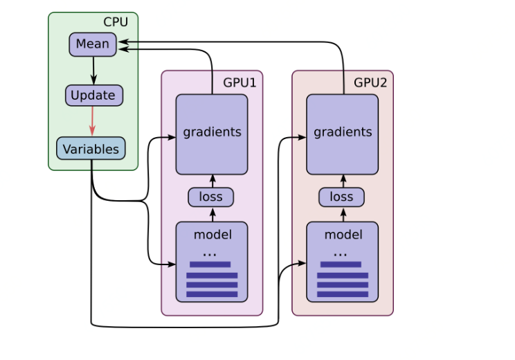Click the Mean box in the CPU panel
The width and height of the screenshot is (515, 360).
pyautogui.click(x=93, y=44)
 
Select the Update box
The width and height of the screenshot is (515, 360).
pyautogui.click(x=94, y=96)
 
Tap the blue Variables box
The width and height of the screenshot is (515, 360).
pyautogui.click(x=91, y=148)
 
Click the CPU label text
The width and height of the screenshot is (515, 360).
pyautogui.click(x=116, y=22)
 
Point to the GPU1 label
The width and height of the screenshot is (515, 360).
pyautogui.click(x=240, y=82)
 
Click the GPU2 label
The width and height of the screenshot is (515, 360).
pyautogui.click(x=370, y=82)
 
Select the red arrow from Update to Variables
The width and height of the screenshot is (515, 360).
pyautogui.click(x=93, y=121)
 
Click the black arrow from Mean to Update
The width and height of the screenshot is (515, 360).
pyautogui.click(x=93, y=71)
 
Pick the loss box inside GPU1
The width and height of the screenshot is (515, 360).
pyautogui.click(x=211, y=197)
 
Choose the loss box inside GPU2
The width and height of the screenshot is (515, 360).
pyautogui.click(x=341, y=197)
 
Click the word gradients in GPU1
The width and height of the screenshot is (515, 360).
pyautogui.click(x=213, y=132)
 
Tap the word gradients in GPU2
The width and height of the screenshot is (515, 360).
pyautogui.click(x=343, y=132)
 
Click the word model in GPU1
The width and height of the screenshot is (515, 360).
pyautogui.click(x=213, y=235)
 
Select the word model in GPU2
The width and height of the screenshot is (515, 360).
pyautogui.click(x=343, y=235)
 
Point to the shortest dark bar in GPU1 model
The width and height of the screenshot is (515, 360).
pyautogui.click(x=210, y=264)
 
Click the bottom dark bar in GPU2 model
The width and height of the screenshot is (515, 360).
pyautogui.click(x=343, y=294)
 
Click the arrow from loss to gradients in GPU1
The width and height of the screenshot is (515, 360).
pyautogui.click(x=213, y=181)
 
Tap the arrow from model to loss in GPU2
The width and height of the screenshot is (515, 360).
pyautogui.click(x=343, y=215)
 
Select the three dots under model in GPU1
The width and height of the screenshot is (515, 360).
pyautogui.click(x=210, y=255)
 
